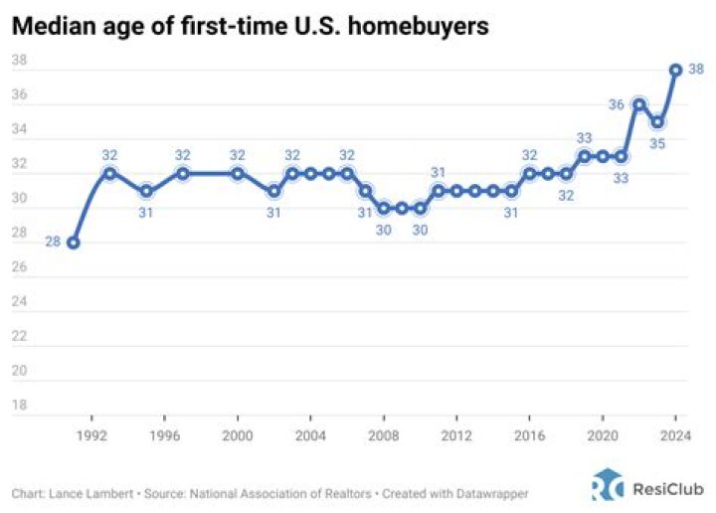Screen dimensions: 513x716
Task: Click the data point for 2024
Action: pos(675,70)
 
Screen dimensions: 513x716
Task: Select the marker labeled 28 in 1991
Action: pos(74,243)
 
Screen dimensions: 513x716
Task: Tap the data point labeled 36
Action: pos(638,104)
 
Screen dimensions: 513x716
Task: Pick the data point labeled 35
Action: pos(657,121)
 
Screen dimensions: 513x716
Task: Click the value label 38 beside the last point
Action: pos(696,70)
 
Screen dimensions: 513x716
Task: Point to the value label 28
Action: pos(52,243)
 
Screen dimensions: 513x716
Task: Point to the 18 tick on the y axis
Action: pos(19,406)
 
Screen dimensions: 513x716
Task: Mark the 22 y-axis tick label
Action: pos(19,337)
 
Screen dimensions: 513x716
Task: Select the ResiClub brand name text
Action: pos(668,488)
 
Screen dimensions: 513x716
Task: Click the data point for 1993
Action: pos(110,173)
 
